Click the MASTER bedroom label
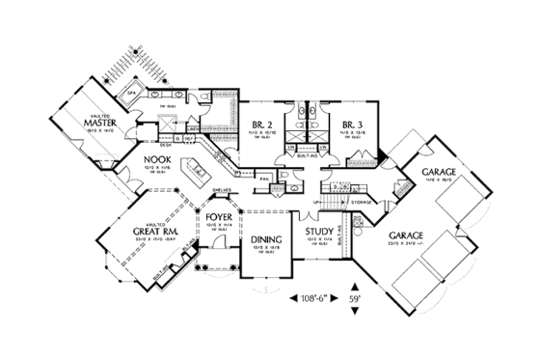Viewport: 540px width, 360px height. click(x=100, y=123)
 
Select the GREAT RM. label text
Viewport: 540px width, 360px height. click(x=153, y=232)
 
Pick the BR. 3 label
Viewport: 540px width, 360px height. click(x=349, y=124)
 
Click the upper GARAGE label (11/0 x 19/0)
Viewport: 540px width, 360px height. click(x=439, y=173)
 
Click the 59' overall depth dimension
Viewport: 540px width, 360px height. click(x=357, y=299)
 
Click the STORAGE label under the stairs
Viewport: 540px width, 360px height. click(x=363, y=202)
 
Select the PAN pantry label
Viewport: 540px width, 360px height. click(x=262, y=177)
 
